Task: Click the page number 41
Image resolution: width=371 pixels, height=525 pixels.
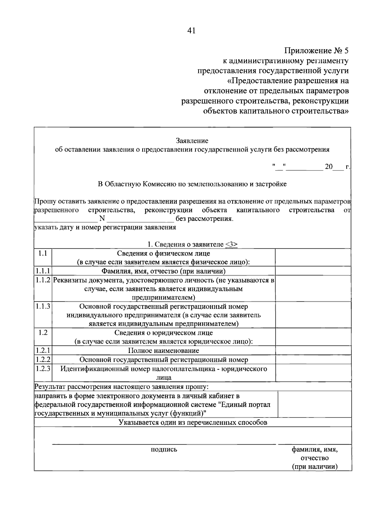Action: tap(191, 30)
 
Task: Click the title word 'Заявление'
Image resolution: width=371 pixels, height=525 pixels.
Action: tap(192, 141)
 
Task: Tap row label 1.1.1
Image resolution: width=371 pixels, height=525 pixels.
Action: tap(43, 271)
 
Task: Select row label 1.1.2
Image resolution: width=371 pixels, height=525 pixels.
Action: tap(43, 280)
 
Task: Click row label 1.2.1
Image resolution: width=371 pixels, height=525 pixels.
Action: tap(43, 351)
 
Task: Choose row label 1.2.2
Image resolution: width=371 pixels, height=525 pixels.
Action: tap(43, 359)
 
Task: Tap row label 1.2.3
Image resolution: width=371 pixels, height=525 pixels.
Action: tap(43, 369)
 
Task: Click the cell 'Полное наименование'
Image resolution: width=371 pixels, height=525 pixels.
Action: tap(164, 351)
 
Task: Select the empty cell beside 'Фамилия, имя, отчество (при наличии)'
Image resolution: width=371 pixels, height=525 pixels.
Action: tap(313, 271)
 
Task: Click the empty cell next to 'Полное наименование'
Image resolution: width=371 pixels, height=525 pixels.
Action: tap(313, 351)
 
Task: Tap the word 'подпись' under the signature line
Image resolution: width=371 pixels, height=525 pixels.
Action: tap(164, 449)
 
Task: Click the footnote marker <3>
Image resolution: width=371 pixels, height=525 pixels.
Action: tap(232, 244)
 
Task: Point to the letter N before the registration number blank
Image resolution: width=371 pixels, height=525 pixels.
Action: tap(102, 219)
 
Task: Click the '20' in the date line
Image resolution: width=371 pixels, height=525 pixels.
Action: tap(328, 167)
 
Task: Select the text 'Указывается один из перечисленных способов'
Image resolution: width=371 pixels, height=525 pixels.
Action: tap(193, 423)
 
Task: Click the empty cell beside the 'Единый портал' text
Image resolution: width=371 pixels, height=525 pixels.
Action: tap(314, 404)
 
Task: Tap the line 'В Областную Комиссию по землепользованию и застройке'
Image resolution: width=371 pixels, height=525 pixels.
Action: tap(192, 184)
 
